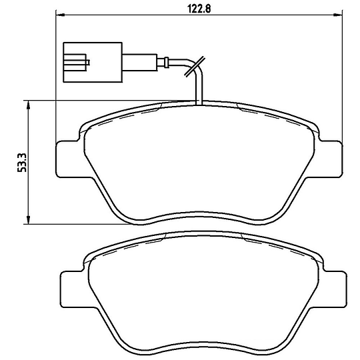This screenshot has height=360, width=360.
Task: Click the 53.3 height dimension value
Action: coord(22,163)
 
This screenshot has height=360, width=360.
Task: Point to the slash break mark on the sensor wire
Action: coord(193,67)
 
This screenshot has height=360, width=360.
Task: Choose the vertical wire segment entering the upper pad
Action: coord(199,90)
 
